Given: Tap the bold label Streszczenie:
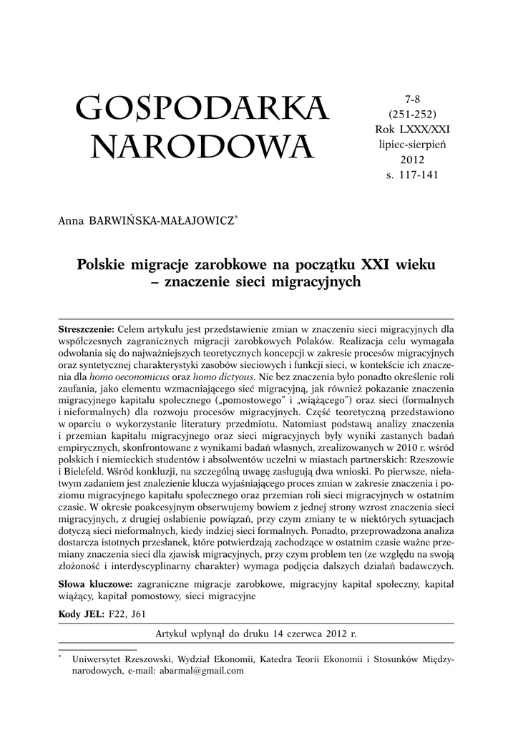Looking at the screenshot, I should point(86,329).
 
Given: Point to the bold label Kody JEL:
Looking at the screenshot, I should point(80,613).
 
